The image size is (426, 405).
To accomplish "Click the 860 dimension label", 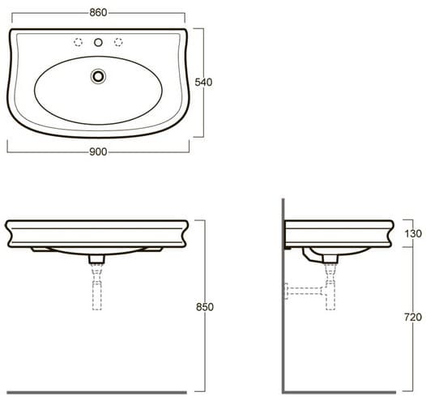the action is point(98,12).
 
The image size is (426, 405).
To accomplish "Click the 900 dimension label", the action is point(98,152).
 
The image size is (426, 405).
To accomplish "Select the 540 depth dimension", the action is point(203,82).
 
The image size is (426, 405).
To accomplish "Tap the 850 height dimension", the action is point(205,307).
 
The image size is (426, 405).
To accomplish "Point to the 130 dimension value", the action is point(413,233).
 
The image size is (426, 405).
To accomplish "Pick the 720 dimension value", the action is point(413,317).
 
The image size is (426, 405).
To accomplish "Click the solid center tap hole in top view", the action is point(98,42).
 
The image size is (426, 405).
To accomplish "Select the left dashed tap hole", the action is point(78,42).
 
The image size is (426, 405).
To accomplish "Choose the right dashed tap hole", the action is point(118,42).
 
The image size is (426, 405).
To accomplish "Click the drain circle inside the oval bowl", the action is point(98,76).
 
